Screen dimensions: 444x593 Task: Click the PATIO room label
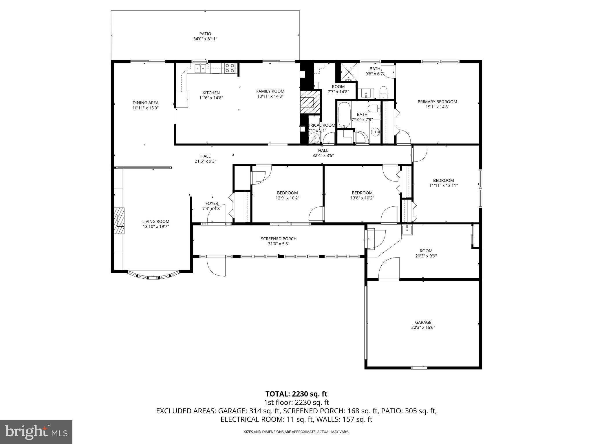coord(205,34)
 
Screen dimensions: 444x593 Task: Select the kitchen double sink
coord(200,69)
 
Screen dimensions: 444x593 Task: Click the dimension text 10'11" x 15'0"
coord(145,108)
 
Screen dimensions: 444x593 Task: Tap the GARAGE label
coord(423,322)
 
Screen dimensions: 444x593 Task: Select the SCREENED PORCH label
coord(279,239)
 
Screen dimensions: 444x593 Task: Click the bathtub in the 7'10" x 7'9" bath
coord(344,115)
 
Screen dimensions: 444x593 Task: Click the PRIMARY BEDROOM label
coord(437,102)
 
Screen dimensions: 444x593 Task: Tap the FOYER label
coord(212,203)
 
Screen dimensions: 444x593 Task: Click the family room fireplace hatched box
coord(310,103)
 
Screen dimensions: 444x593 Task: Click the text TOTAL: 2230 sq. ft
coord(296,394)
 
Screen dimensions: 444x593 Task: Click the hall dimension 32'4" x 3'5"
coord(323,155)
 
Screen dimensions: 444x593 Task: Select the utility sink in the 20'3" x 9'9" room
coord(407,230)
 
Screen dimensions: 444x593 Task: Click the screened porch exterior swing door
coord(216,266)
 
